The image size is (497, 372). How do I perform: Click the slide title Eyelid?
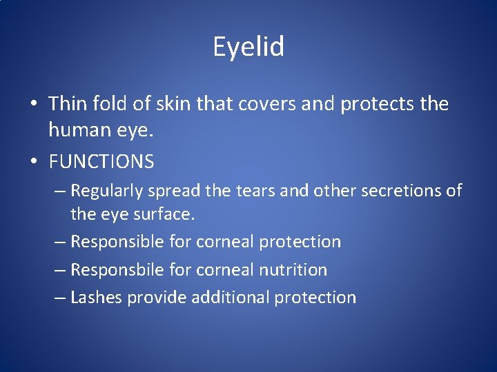(x=248, y=48)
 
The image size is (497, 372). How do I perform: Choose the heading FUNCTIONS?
(x=101, y=162)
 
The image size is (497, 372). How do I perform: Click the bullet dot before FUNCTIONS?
(x=33, y=163)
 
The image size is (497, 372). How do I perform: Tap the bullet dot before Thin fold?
(x=33, y=105)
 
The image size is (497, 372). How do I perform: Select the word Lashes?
(x=95, y=298)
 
